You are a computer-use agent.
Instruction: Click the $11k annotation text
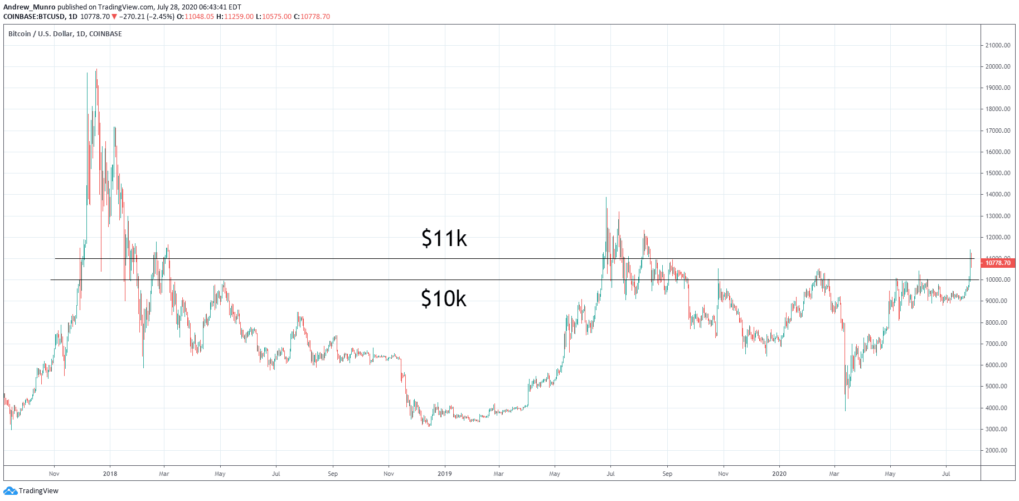click(x=444, y=238)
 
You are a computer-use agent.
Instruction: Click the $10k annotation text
click(x=443, y=298)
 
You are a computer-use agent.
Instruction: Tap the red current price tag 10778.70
click(x=997, y=263)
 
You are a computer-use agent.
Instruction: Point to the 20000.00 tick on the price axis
click(x=997, y=66)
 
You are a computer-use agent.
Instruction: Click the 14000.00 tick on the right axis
click(x=997, y=194)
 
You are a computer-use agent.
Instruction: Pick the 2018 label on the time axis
click(x=110, y=474)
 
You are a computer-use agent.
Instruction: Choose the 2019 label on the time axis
click(x=444, y=474)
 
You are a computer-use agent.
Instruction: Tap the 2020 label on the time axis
click(x=779, y=474)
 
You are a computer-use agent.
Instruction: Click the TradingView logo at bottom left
click(x=31, y=491)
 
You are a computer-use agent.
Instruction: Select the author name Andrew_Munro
click(x=30, y=7)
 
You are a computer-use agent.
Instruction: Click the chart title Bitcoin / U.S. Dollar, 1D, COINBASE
click(x=65, y=33)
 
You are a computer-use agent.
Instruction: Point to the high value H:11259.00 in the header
click(x=235, y=16)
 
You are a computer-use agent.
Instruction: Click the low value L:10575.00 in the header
click(x=273, y=16)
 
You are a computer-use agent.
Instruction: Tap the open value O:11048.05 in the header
click(x=195, y=16)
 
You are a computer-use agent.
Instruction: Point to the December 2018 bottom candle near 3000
click(x=429, y=425)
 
